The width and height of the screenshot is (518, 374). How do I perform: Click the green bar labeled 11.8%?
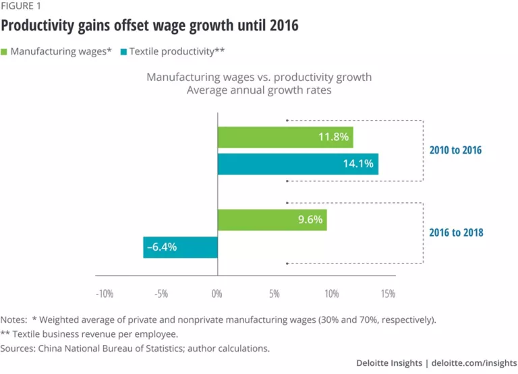coord(285,137)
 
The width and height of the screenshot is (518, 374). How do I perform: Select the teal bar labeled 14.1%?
coord(297,164)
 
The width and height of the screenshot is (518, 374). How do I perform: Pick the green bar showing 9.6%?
coord(272,220)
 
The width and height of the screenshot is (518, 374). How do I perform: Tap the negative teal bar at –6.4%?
coord(180,247)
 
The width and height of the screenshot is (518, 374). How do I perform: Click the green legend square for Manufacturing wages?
coord(5,51)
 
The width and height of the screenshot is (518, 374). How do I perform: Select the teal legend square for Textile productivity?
coord(122,51)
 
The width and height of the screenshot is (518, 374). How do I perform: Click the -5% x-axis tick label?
coord(161,294)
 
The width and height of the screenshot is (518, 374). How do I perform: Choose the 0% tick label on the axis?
coord(217,294)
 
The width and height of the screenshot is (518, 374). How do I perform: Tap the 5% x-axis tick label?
coord(274,294)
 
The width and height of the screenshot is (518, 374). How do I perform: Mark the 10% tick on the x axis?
coord(331,294)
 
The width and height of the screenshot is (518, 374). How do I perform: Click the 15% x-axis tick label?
coord(388,294)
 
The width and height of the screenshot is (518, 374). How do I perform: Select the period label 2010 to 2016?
coord(455,150)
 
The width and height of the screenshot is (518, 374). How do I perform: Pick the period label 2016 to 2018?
coord(455,233)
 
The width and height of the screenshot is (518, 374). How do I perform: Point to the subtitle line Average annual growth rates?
coord(259,90)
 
